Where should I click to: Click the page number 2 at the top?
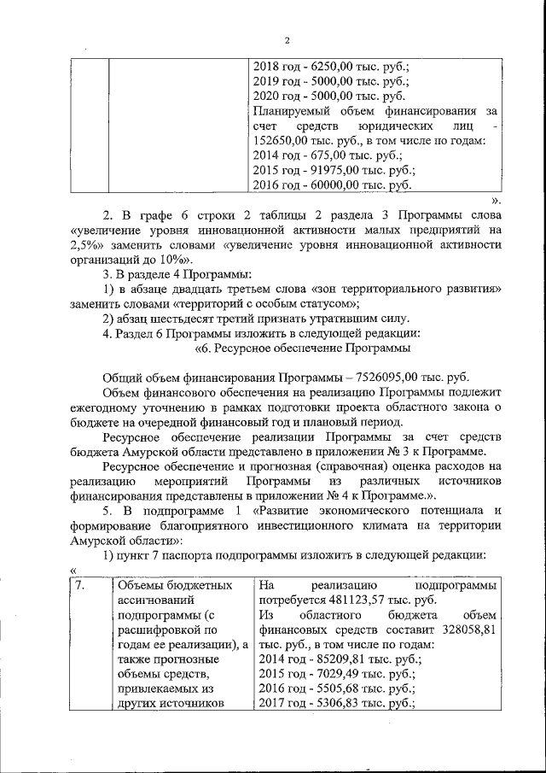coord(287,40)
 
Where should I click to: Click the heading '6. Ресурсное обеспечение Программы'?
coord(304,348)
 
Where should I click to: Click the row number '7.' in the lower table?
coord(78,585)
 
